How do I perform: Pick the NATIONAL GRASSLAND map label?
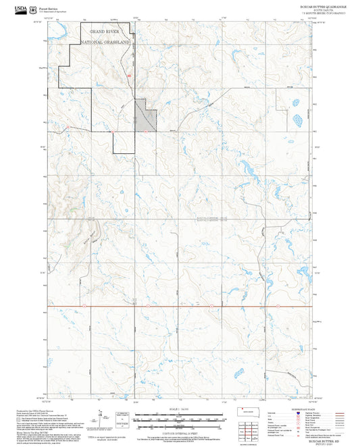click(106, 42)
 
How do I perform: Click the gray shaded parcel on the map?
click(147, 117)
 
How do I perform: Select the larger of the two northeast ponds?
click(297, 122)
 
